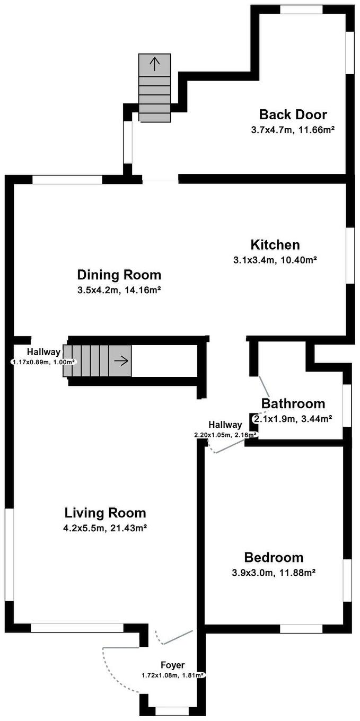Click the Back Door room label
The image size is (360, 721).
click(x=293, y=115)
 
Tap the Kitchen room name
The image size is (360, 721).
click(x=275, y=244)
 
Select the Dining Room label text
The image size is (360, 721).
click(x=119, y=275)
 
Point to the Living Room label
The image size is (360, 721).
click(x=106, y=513)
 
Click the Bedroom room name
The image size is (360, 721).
click(x=274, y=558)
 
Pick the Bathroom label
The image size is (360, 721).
click(x=293, y=403)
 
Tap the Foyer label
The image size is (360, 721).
click(x=173, y=665)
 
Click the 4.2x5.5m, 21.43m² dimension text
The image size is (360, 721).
click(x=106, y=528)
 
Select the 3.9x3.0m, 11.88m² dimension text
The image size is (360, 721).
click(x=274, y=573)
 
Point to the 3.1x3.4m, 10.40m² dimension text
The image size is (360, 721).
click(x=275, y=260)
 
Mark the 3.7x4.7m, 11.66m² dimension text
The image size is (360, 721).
click(x=293, y=130)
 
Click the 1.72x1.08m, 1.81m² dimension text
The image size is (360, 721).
click(x=173, y=675)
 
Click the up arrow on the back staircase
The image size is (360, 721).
click(x=155, y=64)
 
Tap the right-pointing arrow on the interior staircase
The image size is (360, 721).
click(x=121, y=361)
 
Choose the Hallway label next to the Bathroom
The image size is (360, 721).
click(x=225, y=425)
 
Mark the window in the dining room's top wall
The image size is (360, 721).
click(x=67, y=180)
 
